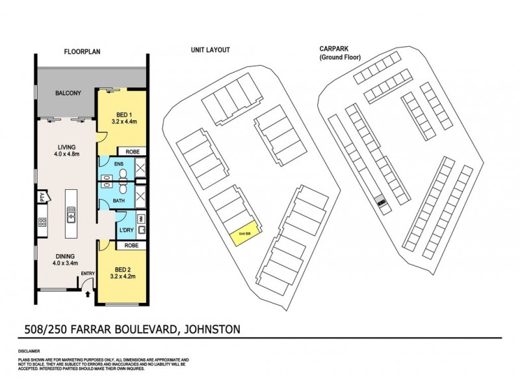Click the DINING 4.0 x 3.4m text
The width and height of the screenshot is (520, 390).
tap(64, 260)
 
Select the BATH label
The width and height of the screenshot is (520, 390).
tap(118, 201)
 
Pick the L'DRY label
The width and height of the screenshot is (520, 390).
tap(125, 230)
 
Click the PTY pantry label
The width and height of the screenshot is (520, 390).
tap(41, 195)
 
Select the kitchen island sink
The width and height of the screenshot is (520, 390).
tap(71, 213)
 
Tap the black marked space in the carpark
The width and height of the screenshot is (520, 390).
tap(382, 203)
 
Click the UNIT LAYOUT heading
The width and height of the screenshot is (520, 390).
tap(210, 50)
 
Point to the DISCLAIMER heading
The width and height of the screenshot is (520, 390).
tap(31, 351)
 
